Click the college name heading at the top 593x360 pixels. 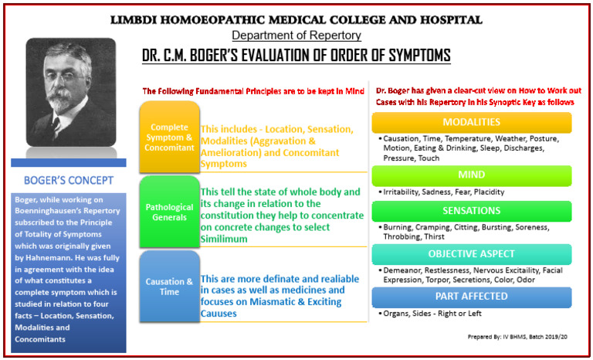297,19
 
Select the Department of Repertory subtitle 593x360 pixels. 296,36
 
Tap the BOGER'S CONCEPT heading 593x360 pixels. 69,182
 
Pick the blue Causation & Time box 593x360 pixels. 168,287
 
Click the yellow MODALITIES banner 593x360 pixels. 472,123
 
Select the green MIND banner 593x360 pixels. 472,175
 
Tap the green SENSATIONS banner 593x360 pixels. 472,210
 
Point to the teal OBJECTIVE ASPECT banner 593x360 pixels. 472,254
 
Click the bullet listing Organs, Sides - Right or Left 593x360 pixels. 432,314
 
